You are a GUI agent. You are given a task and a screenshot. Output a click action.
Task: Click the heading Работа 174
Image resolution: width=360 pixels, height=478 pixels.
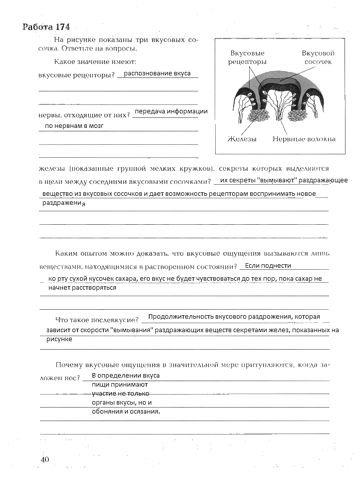pyautogui.click(x=46, y=26)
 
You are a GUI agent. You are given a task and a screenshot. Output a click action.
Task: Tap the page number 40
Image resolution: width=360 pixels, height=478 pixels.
pyautogui.click(x=45, y=460)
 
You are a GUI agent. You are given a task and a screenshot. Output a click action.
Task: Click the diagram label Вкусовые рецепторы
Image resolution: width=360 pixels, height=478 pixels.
pyautogui.click(x=247, y=57)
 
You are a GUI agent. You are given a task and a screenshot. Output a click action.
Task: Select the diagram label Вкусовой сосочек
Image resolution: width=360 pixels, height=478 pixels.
pyautogui.click(x=318, y=57)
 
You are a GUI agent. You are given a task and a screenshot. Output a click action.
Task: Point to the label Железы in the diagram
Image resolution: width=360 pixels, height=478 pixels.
pyautogui.click(x=242, y=139)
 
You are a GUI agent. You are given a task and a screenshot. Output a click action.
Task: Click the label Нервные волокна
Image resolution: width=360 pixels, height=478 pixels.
pyautogui.click(x=304, y=139)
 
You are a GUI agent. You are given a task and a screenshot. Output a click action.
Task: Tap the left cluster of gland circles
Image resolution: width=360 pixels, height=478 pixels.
pyautogui.click(x=258, y=116)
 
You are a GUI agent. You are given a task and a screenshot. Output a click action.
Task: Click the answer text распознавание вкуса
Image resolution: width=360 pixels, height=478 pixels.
pyautogui.click(x=157, y=73)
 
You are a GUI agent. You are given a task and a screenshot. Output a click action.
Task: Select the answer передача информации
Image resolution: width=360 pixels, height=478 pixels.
pyautogui.click(x=171, y=111)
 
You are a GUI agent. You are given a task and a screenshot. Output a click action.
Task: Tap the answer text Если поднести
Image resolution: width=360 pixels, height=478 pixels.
pyautogui.click(x=268, y=266)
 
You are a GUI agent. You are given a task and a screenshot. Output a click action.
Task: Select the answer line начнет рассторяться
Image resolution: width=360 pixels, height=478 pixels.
pyautogui.click(x=82, y=288)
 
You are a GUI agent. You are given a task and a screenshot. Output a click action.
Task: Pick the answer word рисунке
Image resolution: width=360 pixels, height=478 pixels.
pyautogui.click(x=59, y=339)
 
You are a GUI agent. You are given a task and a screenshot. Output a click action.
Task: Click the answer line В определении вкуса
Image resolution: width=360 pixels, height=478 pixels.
pyautogui.click(x=126, y=376)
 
